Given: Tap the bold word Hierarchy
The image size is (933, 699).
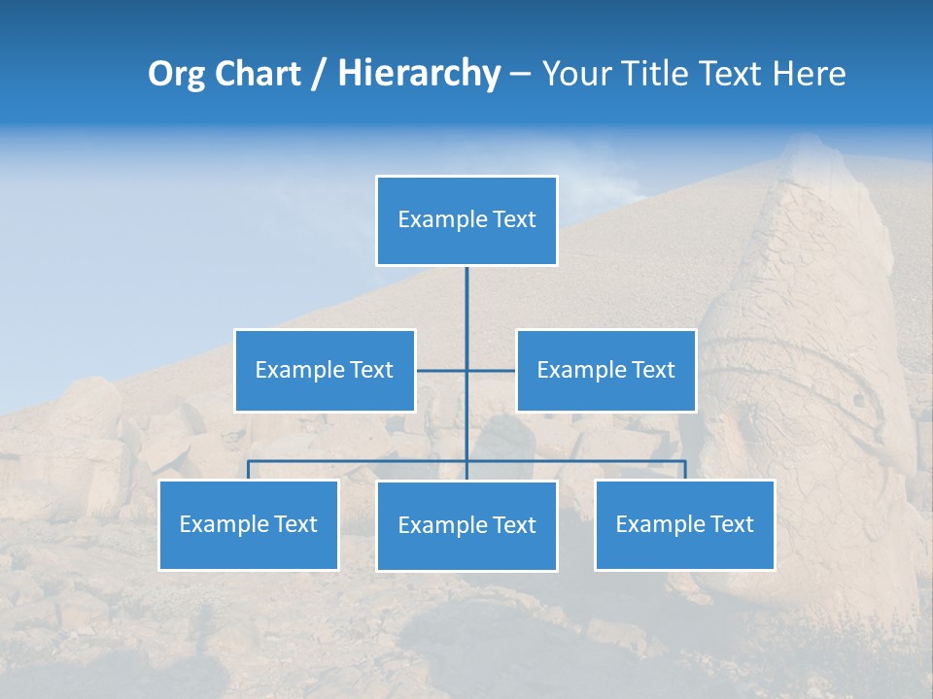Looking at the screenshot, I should (x=418, y=74).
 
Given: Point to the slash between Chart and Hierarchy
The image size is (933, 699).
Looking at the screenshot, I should (x=318, y=74).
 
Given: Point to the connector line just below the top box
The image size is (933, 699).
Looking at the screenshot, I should (x=466, y=291).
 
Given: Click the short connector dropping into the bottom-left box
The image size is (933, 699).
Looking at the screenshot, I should (x=249, y=470).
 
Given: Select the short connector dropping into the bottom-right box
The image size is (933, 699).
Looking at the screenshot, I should (x=685, y=470).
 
